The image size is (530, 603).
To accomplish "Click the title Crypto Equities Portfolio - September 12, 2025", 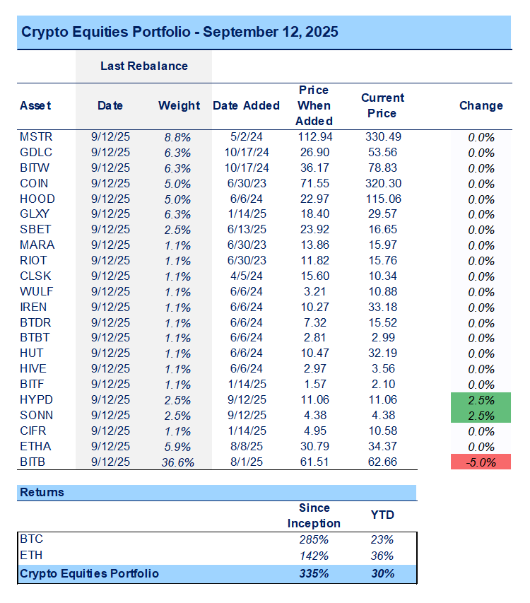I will pos(179,33).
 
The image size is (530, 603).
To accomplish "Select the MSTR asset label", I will pos(36,136).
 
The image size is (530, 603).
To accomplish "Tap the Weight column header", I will pos(179,105).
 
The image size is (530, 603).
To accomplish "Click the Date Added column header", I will pos(247,105).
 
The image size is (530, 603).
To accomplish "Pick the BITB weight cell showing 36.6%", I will pos(178,462).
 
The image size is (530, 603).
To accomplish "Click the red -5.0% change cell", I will pos(481,462).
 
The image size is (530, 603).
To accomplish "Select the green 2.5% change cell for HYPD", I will pos(481,401).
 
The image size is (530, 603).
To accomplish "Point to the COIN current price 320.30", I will pos(382,183).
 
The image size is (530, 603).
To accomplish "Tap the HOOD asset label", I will pos(37,199).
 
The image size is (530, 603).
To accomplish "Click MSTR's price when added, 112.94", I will pos(314,136).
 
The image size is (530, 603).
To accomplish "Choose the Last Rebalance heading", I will pos(143,66).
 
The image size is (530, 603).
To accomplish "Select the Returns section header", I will pos(42,492).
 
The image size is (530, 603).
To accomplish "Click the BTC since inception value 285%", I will pos(314,539).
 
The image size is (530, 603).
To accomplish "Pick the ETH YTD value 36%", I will pos(382,556).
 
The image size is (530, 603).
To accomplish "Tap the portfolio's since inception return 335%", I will pos(314,573).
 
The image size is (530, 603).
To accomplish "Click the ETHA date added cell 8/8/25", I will pos(247,447).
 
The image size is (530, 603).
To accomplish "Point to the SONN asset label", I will pos(36,416).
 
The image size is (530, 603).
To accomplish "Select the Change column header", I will pos(481,105).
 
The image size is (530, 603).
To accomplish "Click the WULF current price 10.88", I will pos(382,292).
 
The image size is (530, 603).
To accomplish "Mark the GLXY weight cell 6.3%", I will pos(178,214).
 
